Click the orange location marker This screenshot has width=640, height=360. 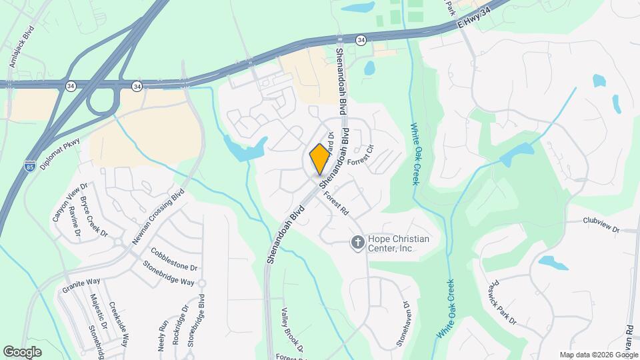(320, 159)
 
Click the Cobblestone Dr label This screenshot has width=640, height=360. (175, 259)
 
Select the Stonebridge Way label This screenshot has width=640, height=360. (169, 273)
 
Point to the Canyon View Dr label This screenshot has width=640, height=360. (70, 203)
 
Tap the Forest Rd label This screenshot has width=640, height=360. (337, 203)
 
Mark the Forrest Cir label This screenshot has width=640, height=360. (367, 159)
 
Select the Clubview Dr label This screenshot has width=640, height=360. (601, 225)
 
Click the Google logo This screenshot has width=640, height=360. (22, 351)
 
